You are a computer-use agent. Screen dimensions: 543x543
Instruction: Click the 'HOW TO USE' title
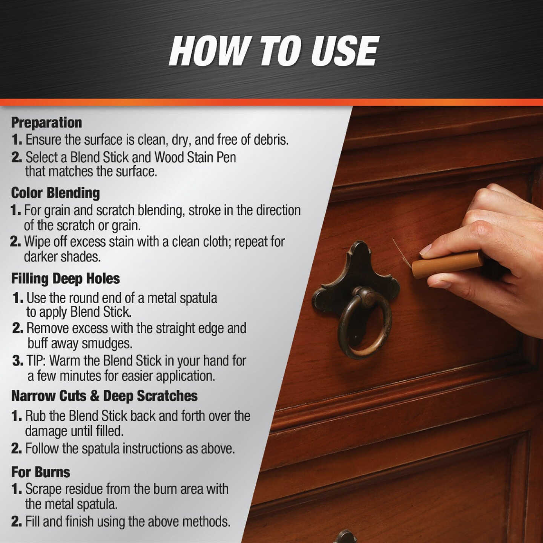(273, 51)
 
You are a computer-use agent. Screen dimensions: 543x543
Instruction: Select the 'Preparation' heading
(46, 123)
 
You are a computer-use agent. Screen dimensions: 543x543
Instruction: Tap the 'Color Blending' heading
(55, 193)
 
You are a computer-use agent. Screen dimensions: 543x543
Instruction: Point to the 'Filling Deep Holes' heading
(65, 279)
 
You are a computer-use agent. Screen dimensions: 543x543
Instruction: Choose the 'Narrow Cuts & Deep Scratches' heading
(104, 396)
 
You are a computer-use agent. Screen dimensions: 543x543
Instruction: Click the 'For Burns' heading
(41, 472)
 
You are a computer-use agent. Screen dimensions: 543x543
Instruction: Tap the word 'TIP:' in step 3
(36, 360)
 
